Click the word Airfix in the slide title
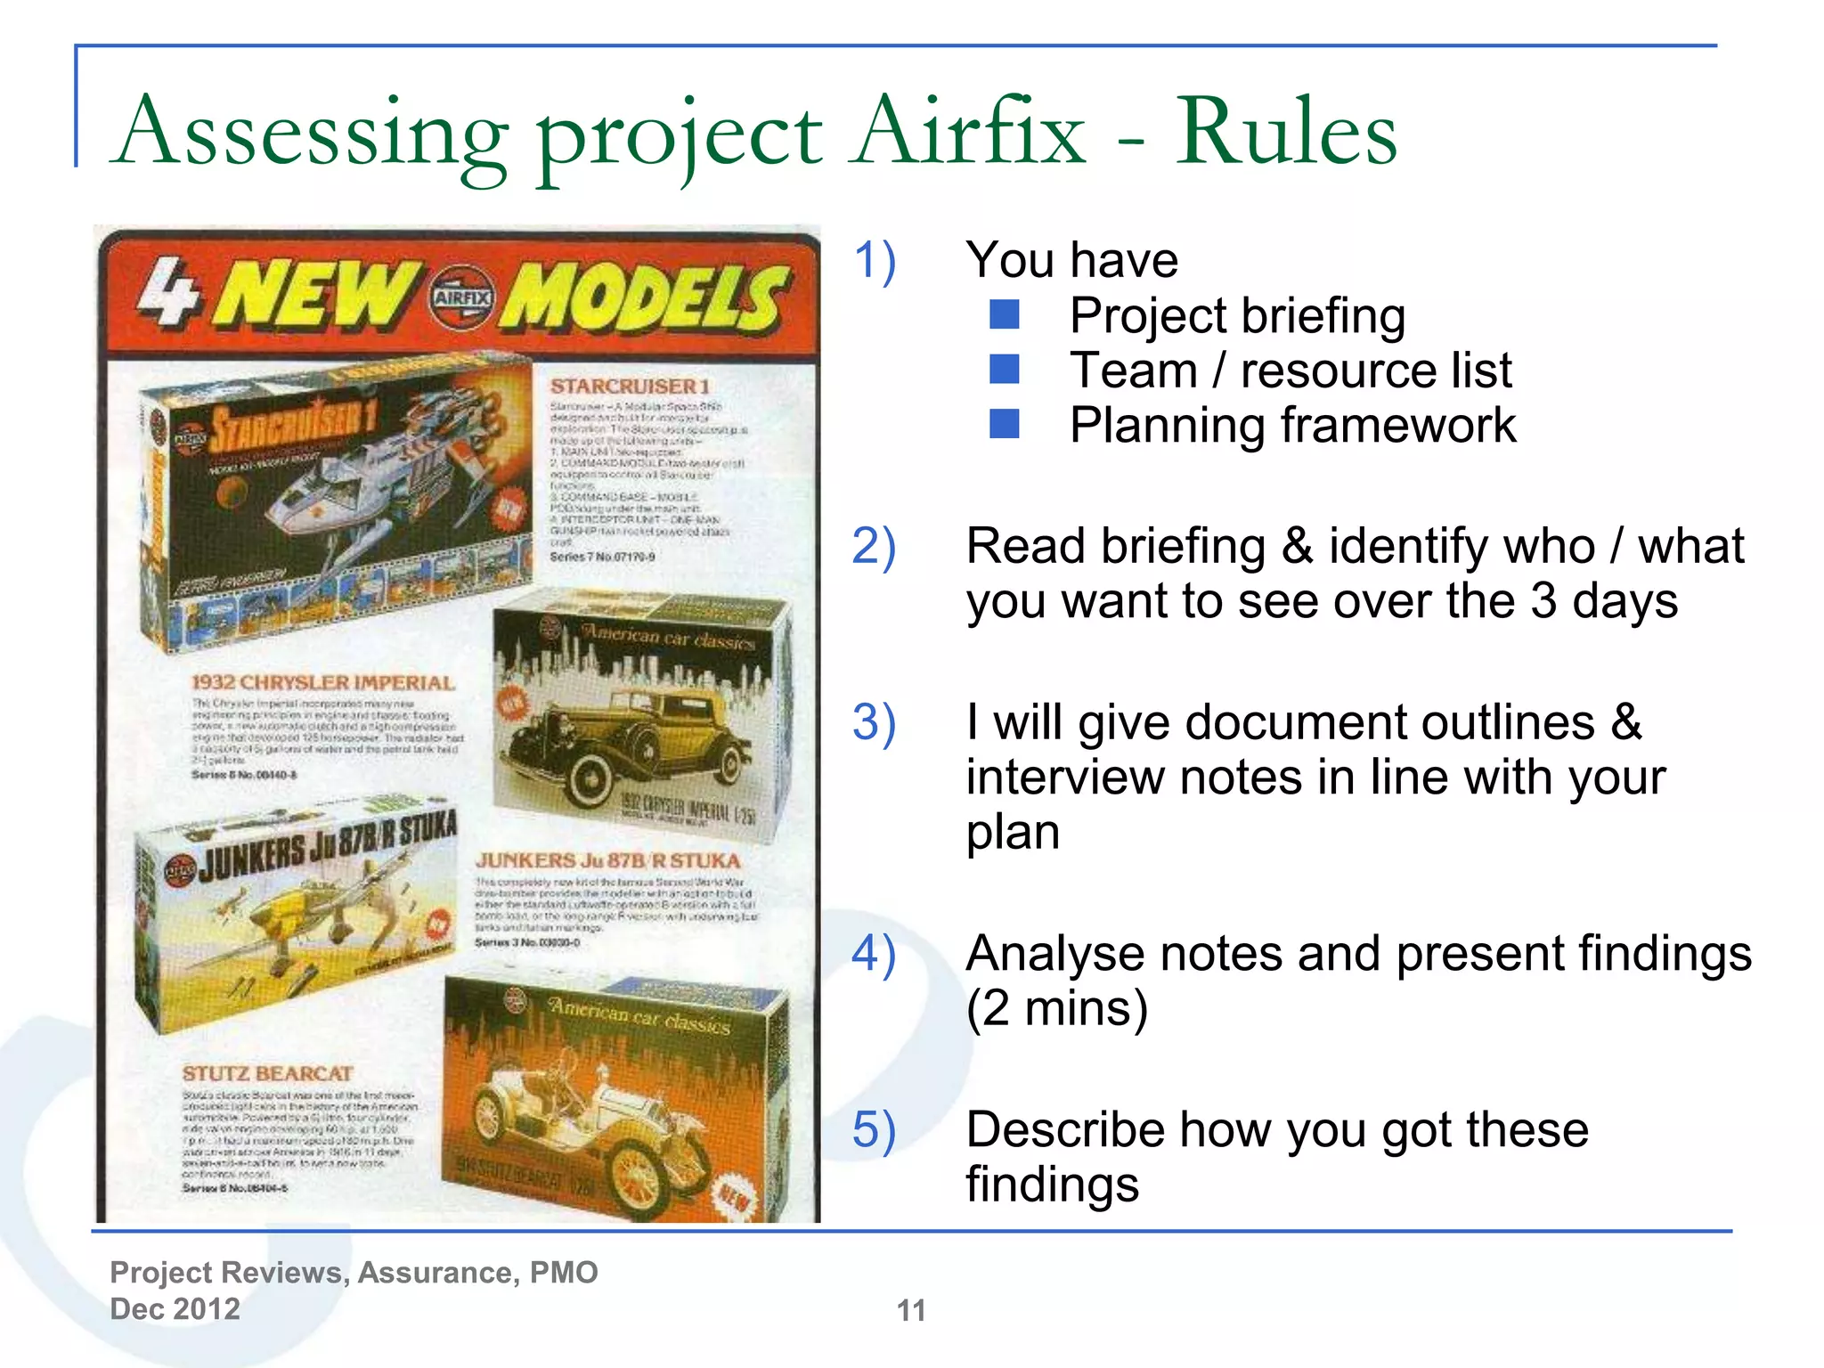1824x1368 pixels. pos(967,134)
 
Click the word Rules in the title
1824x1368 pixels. pos(1286,134)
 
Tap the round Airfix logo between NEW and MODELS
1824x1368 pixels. pos(461,297)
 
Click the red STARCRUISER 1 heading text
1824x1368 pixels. pos(630,386)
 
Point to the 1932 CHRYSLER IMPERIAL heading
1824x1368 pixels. pos(323,682)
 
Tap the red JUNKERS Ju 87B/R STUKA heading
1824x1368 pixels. pos(607,860)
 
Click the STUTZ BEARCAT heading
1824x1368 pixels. pos(267,1073)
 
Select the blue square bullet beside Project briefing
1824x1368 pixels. pos(1005,314)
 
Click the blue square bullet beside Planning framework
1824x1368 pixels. pos(1005,424)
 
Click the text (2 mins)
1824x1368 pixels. pos(1057,1008)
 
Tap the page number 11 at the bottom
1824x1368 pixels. pos(911,1310)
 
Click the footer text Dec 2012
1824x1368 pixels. pos(175,1308)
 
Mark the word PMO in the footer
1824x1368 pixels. pos(564,1272)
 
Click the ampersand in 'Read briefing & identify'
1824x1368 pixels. pos(1297,546)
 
